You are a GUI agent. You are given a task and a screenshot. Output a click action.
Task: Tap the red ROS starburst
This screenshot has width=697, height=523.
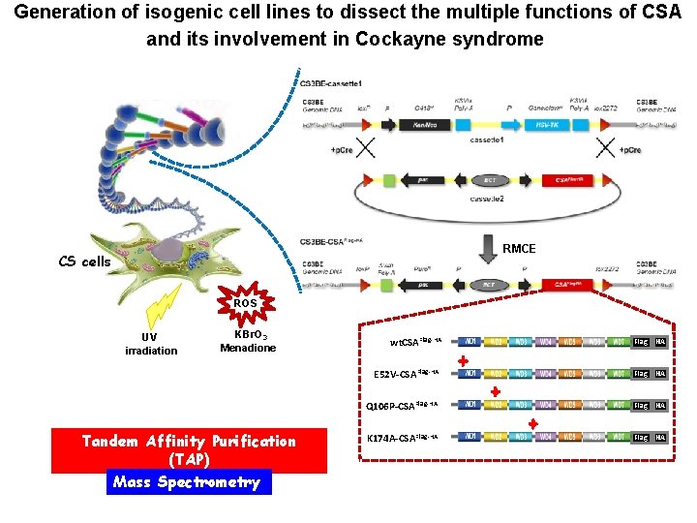[x=245, y=303]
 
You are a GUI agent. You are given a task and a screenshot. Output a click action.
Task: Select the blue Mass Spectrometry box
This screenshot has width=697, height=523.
[x=189, y=481]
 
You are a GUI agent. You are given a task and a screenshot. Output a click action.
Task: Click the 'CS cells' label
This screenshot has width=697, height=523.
[x=85, y=261]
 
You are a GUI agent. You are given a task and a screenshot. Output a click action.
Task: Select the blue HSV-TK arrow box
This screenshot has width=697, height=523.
[x=565, y=125]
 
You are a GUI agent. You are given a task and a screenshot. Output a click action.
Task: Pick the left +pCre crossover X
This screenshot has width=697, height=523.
[x=368, y=149]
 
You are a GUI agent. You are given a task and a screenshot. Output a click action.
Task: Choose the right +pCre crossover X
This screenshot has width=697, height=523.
[x=605, y=149]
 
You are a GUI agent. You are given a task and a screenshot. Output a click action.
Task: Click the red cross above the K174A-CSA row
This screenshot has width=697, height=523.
[x=532, y=424]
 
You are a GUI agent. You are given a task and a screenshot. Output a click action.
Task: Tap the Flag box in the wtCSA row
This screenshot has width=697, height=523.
[x=641, y=342]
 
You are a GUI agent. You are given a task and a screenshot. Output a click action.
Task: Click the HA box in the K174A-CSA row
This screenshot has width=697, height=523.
[x=660, y=438]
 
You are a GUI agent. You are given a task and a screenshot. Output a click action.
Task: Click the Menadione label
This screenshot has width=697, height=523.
[x=248, y=348]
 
